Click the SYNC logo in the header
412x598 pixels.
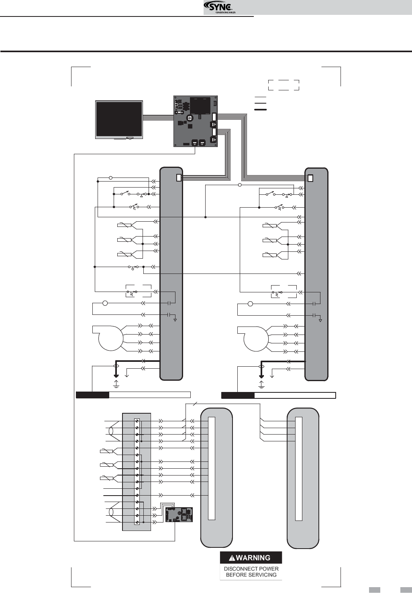218,6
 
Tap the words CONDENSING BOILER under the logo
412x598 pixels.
225,12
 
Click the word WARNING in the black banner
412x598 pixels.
253,558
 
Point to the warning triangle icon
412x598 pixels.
232,558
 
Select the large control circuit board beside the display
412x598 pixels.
196,121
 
